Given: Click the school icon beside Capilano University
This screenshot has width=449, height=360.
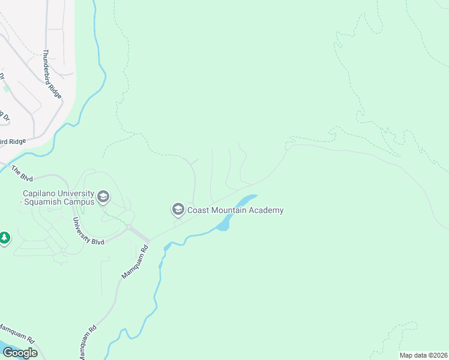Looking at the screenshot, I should [x=103, y=196].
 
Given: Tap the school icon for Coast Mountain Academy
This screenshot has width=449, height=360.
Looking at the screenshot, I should [x=178, y=209].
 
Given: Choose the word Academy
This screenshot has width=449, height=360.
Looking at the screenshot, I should [x=267, y=210].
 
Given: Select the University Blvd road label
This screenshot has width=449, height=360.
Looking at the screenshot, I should [x=88, y=231].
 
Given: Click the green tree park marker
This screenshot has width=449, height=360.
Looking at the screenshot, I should [x=5, y=238].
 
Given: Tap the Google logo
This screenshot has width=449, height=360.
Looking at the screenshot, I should [x=19, y=353].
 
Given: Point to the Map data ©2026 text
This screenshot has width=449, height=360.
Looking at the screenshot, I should [x=423, y=355].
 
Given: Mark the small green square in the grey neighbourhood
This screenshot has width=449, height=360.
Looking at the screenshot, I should [x=6, y=88].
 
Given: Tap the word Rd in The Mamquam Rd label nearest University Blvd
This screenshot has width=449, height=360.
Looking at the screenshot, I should [x=143, y=250].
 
